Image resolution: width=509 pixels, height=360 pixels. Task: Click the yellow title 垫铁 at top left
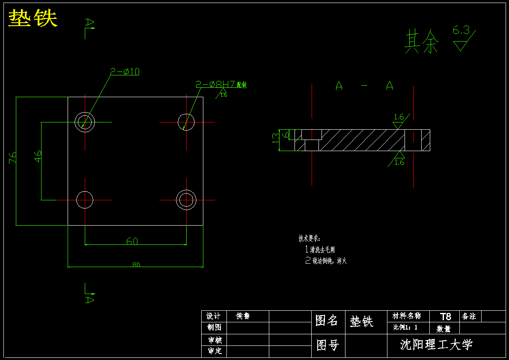click(x=33, y=18)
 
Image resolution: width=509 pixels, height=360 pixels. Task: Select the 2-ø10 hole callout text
click(x=125, y=72)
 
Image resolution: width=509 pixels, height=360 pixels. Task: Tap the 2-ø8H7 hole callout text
click(x=216, y=85)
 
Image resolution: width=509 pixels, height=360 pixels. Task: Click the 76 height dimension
click(x=13, y=157)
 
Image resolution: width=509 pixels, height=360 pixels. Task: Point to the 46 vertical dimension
click(x=38, y=156)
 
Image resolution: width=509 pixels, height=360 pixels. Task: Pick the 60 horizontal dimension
click(x=132, y=241)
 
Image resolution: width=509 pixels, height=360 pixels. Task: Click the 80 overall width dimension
click(x=136, y=265)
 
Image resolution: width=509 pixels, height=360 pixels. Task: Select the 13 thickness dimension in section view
click(x=275, y=137)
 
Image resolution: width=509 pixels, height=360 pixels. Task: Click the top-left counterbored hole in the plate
click(x=85, y=122)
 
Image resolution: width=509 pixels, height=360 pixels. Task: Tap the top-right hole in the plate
click(x=186, y=122)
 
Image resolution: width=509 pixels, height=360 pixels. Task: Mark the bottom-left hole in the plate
click(x=85, y=200)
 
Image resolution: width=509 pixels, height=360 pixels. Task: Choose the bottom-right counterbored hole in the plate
click(x=186, y=199)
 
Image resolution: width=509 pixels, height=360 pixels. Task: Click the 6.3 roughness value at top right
click(x=461, y=30)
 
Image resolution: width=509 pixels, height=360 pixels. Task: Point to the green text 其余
click(x=422, y=42)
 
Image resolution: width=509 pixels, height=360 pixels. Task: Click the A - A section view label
click(x=364, y=86)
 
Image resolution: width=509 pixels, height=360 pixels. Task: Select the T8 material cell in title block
click(x=445, y=316)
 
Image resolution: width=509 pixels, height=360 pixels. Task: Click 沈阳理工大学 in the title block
click(x=436, y=344)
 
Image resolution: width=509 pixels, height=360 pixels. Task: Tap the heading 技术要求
click(x=309, y=238)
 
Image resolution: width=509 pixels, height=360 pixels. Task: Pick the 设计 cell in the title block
click(x=213, y=316)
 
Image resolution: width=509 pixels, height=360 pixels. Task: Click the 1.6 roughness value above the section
click(x=399, y=117)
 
